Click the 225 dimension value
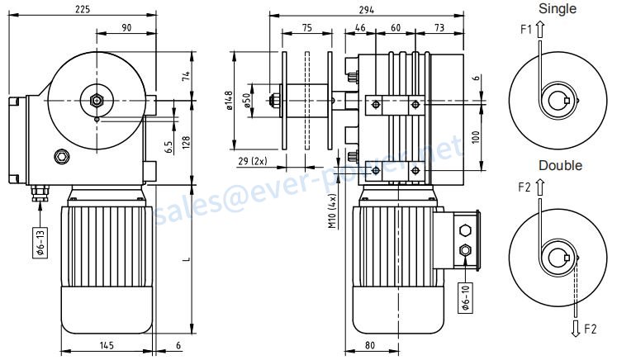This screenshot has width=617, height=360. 83,9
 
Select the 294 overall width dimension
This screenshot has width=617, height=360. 367,10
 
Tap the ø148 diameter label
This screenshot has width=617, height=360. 230,101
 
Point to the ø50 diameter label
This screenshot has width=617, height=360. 247,101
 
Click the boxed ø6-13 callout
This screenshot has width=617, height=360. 41,243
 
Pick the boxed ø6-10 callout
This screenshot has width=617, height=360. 466,298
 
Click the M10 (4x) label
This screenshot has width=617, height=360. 333,211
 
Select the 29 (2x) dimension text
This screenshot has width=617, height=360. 253,161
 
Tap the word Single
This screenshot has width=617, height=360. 558,8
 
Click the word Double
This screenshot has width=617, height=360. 560,165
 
